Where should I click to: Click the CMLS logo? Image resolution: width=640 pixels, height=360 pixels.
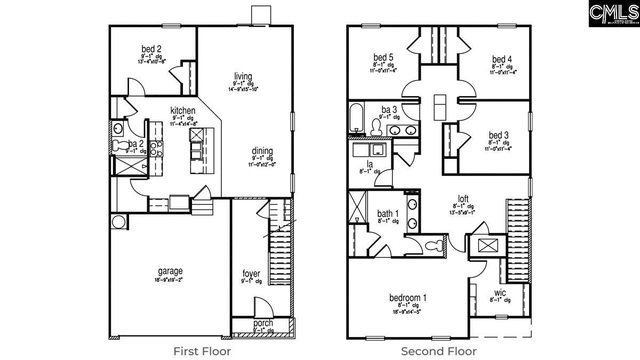pyautogui.click(x=614, y=13)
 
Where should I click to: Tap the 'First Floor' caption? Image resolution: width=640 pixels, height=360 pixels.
pyautogui.click(x=202, y=351)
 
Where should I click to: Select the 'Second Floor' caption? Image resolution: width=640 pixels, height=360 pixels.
pyautogui.click(x=439, y=351)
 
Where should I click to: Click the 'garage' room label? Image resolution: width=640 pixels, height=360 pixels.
pyautogui.click(x=170, y=271)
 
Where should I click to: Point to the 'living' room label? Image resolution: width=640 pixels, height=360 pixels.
pyautogui.click(x=243, y=76)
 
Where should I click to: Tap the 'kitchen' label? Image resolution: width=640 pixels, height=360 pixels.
pyautogui.click(x=183, y=110)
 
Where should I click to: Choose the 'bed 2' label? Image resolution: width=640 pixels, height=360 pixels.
pyautogui.click(x=151, y=49)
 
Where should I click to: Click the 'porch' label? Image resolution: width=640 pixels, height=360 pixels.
pyautogui.click(x=263, y=323)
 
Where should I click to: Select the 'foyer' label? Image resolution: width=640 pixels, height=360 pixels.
pyautogui.click(x=251, y=274)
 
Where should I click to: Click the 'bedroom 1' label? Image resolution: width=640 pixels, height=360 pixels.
pyautogui.click(x=407, y=298)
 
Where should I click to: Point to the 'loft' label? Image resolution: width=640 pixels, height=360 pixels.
pyautogui.click(x=463, y=199)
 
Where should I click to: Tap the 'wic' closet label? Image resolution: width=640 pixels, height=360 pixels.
pyautogui.click(x=500, y=293)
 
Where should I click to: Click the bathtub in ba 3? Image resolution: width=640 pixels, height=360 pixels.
pyautogui.click(x=356, y=117)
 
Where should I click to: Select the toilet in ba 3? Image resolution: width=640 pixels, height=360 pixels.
pyautogui.click(x=377, y=127)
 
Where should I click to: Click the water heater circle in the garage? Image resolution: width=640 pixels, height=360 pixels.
pyautogui.click(x=118, y=222)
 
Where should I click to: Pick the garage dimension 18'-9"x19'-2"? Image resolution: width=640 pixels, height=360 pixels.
pyautogui.click(x=170, y=279)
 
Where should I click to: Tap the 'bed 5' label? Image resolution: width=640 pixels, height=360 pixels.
pyautogui.click(x=383, y=58)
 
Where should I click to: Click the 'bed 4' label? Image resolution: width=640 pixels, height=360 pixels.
pyautogui.click(x=502, y=59)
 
